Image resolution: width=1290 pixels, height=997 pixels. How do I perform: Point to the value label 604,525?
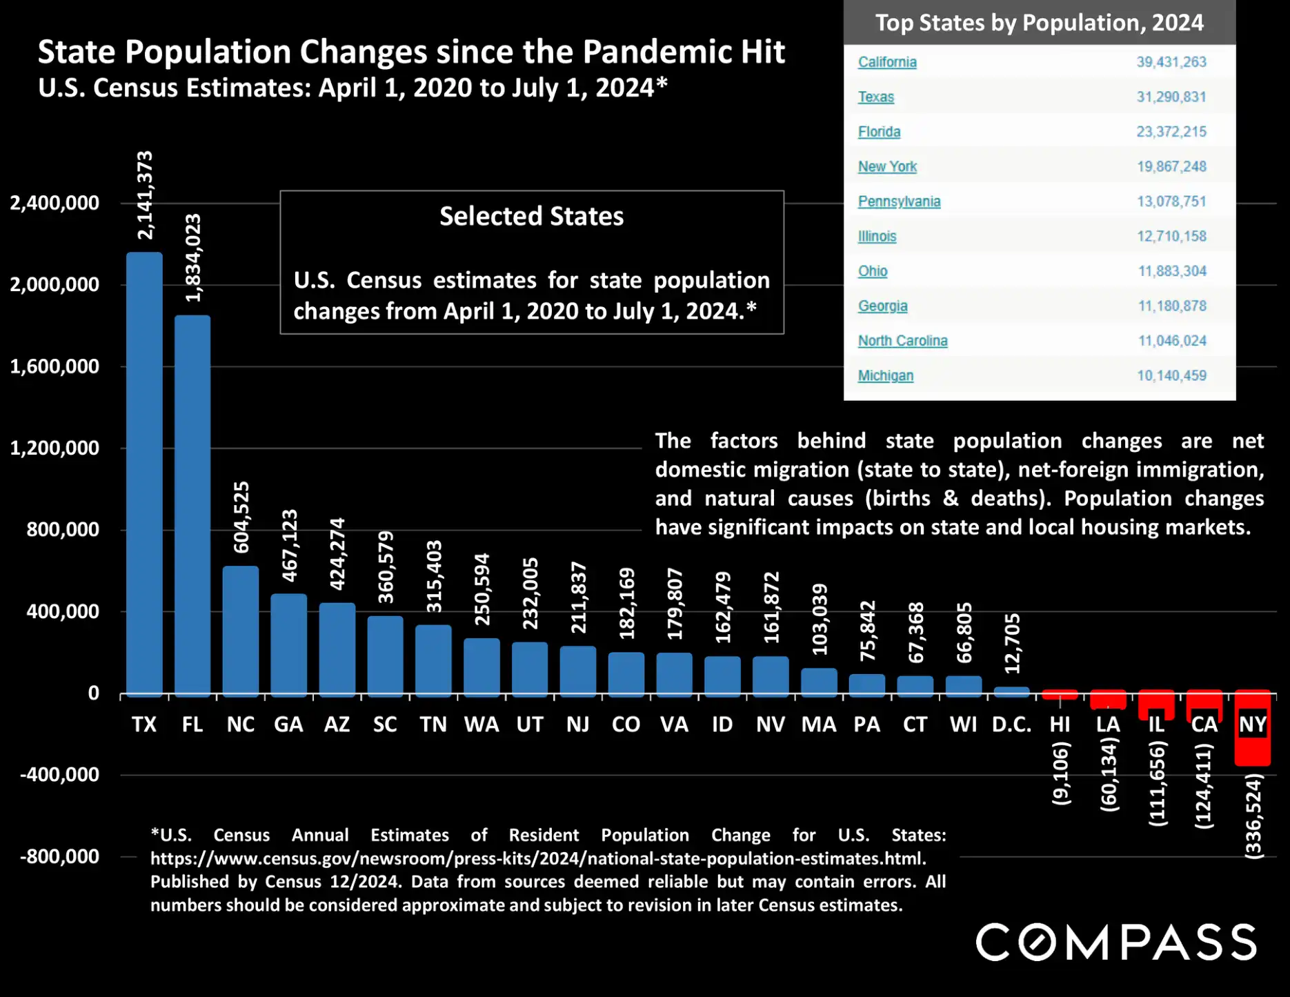coord(241,517)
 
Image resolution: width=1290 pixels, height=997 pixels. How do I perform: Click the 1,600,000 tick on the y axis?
coord(54,366)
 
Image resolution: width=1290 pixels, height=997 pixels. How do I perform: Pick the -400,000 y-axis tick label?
coord(59,775)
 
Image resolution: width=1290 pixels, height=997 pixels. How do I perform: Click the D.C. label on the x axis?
coord(1011,724)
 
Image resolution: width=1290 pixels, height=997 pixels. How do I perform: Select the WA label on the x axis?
coord(482,724)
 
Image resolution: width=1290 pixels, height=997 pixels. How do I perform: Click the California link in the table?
coord(887,62)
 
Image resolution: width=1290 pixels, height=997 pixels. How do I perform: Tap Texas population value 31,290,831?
coord(1171,97)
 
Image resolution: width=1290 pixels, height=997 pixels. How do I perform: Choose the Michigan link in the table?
coord(885,375)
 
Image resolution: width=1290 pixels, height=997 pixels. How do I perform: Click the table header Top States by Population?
coord(1039,23)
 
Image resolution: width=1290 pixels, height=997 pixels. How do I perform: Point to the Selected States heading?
coord(531,216)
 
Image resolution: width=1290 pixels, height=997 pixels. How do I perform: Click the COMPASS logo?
coord(1115,942)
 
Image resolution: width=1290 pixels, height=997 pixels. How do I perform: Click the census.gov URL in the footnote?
coord(538,858)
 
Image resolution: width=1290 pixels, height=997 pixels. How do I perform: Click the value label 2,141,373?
coord(145,195)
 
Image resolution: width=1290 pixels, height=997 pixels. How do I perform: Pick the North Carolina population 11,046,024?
coord(1171,341)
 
